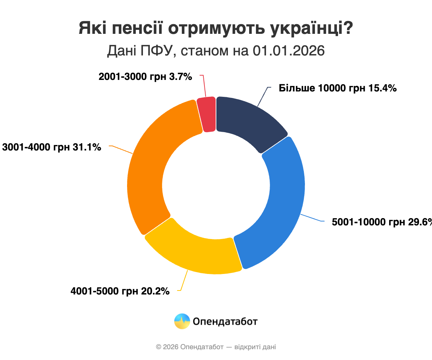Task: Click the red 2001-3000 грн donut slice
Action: pos(207,114)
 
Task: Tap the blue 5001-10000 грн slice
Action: pos(279,202)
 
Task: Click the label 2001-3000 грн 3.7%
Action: pos(145,76)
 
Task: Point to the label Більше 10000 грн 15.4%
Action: pos(338,88)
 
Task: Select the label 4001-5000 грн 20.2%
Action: pos(120,291)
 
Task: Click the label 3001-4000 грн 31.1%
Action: pos(52,147)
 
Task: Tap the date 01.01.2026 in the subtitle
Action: pos(289,51)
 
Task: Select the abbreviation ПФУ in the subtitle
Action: pos(158,51)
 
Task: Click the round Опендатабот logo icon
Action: pos(182,321)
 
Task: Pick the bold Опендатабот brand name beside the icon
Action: pos(225,321)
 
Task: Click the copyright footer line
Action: pos(216,347)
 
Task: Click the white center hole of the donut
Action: pos(216,185)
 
